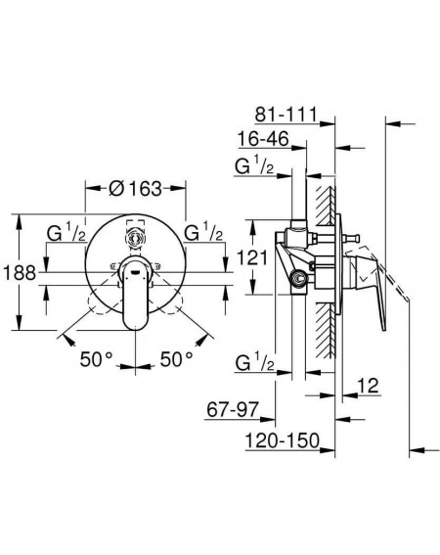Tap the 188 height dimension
[20, 273]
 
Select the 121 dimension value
[252, 257]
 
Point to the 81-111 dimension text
[286, 114]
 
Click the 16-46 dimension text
[264, 138]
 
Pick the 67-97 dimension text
[233, 410]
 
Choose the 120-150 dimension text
[283, 440]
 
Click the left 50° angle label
[96, 359]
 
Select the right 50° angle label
[177, 359]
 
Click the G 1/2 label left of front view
[66, 233]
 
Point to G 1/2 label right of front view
[203, 233]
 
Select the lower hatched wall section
[326, 330]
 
